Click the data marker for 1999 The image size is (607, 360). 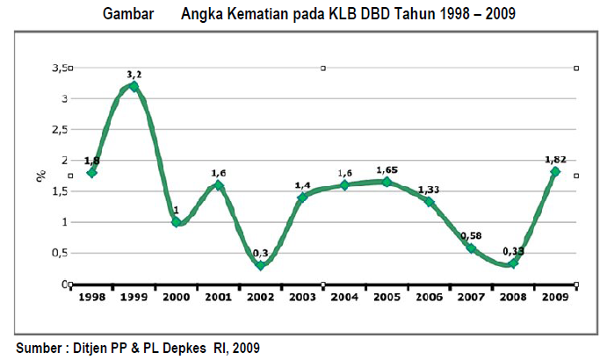click(134, 86)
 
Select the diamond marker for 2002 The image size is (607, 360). click(261, 265)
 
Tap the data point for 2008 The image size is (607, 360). click(513, 263)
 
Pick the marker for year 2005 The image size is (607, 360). click(387, 182)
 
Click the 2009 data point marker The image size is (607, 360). click(555, 172)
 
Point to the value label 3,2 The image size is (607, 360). click(134, 75)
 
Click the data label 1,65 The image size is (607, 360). click(387, 169)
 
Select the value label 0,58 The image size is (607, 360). click(471, 235)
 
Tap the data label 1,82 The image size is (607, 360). click(555, 160)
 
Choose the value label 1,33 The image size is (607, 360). click(429, 190)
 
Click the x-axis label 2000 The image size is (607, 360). click(176, 298)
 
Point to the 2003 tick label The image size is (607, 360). click(302, 298)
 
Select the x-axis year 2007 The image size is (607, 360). click(471, 298)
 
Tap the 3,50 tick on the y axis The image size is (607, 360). click(61, 68)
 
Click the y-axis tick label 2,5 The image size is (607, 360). click(63, 129)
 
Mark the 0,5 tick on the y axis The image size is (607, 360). click(63, 253)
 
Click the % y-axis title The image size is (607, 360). click(41, 176)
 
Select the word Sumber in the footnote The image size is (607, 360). click(38, 348)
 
